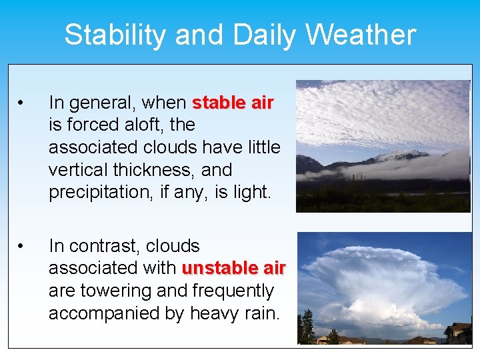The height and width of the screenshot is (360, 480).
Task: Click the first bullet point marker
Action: pos(22,103)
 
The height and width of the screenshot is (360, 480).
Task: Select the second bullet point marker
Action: pos(22,247)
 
